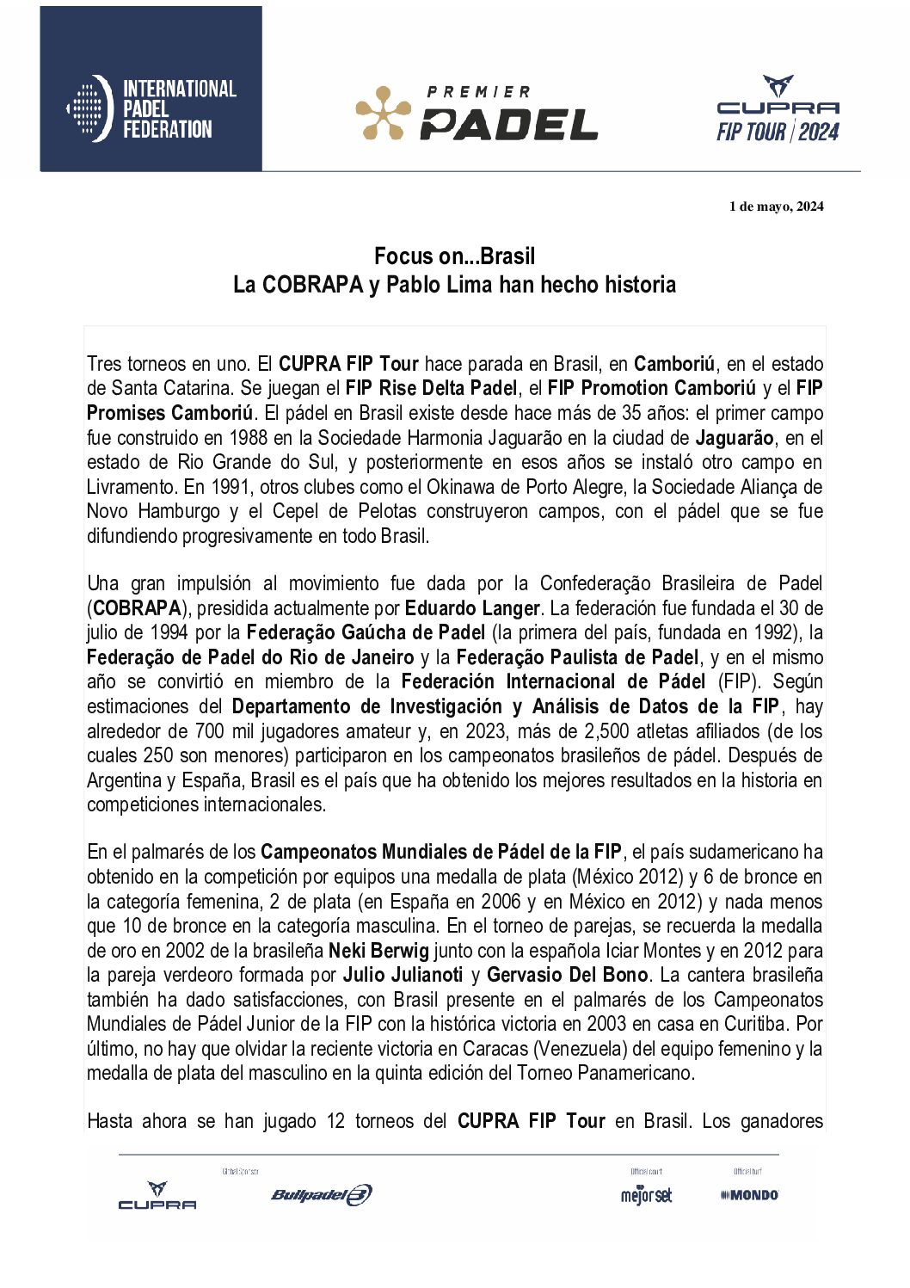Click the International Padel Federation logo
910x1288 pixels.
[x=151, y=108]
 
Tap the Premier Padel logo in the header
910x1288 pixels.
[x=477, y=113]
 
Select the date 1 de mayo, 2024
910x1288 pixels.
[x=776, y=206]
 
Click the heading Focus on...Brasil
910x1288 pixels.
[x=454, y=256]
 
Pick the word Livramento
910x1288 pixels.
[x=131, y=487]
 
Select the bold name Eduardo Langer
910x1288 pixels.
[x=472, y=608]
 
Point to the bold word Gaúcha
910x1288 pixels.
[x=379, y=632]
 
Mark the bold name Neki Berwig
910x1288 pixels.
[x=378, y=951]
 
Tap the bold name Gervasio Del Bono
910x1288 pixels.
[x=567, y=975]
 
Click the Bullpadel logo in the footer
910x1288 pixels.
[x=321, y=1194]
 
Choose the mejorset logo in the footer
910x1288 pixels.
[x=646, y=1195]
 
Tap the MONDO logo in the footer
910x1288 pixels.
[x=750, y=1195]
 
